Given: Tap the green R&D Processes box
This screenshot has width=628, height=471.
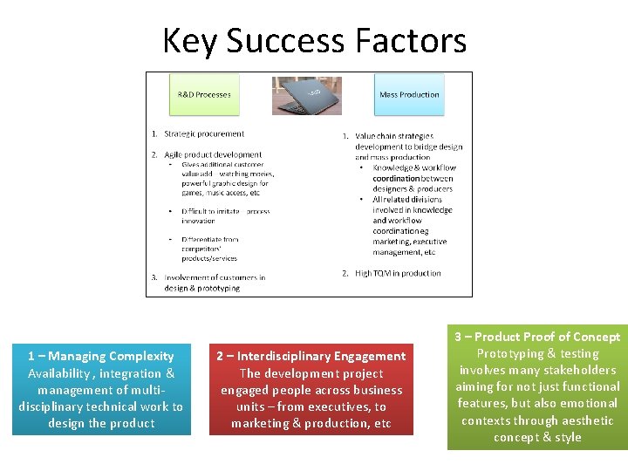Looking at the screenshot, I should pyautogui.click(x=204, y=95).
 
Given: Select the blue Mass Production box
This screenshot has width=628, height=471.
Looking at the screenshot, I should pyautogui.click(x=409, y=95).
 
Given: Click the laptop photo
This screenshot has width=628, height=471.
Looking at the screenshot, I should pyautogui.click(x=306, y=95).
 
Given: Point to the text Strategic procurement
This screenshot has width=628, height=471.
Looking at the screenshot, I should pyautogui.click(x=204, y=134).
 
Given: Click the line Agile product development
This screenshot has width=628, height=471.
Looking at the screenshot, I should pyautogui.click(x=213, y=155).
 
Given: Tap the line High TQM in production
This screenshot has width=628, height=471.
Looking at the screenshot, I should pyautogui.click(x=398, y=273).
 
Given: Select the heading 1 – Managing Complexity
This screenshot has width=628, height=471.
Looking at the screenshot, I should pyautogui.click(x=101, y=356).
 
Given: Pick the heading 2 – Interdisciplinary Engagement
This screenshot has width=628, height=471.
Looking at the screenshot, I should pyautogui.click(x=311, y=356).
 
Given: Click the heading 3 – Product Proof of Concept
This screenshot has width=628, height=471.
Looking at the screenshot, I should pyautogui.click(x=537, y=337).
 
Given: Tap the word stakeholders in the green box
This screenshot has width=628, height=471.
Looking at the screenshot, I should pyautogui.click(x=579, y=370).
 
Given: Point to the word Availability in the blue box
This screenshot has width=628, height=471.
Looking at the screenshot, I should pyautogui.click(x=59, y=373).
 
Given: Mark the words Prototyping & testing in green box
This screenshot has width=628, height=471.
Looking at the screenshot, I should pyautogui.click(x=537, y=353).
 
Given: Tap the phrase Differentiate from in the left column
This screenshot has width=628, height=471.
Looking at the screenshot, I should pyautogui.click(x=209, y=239).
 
